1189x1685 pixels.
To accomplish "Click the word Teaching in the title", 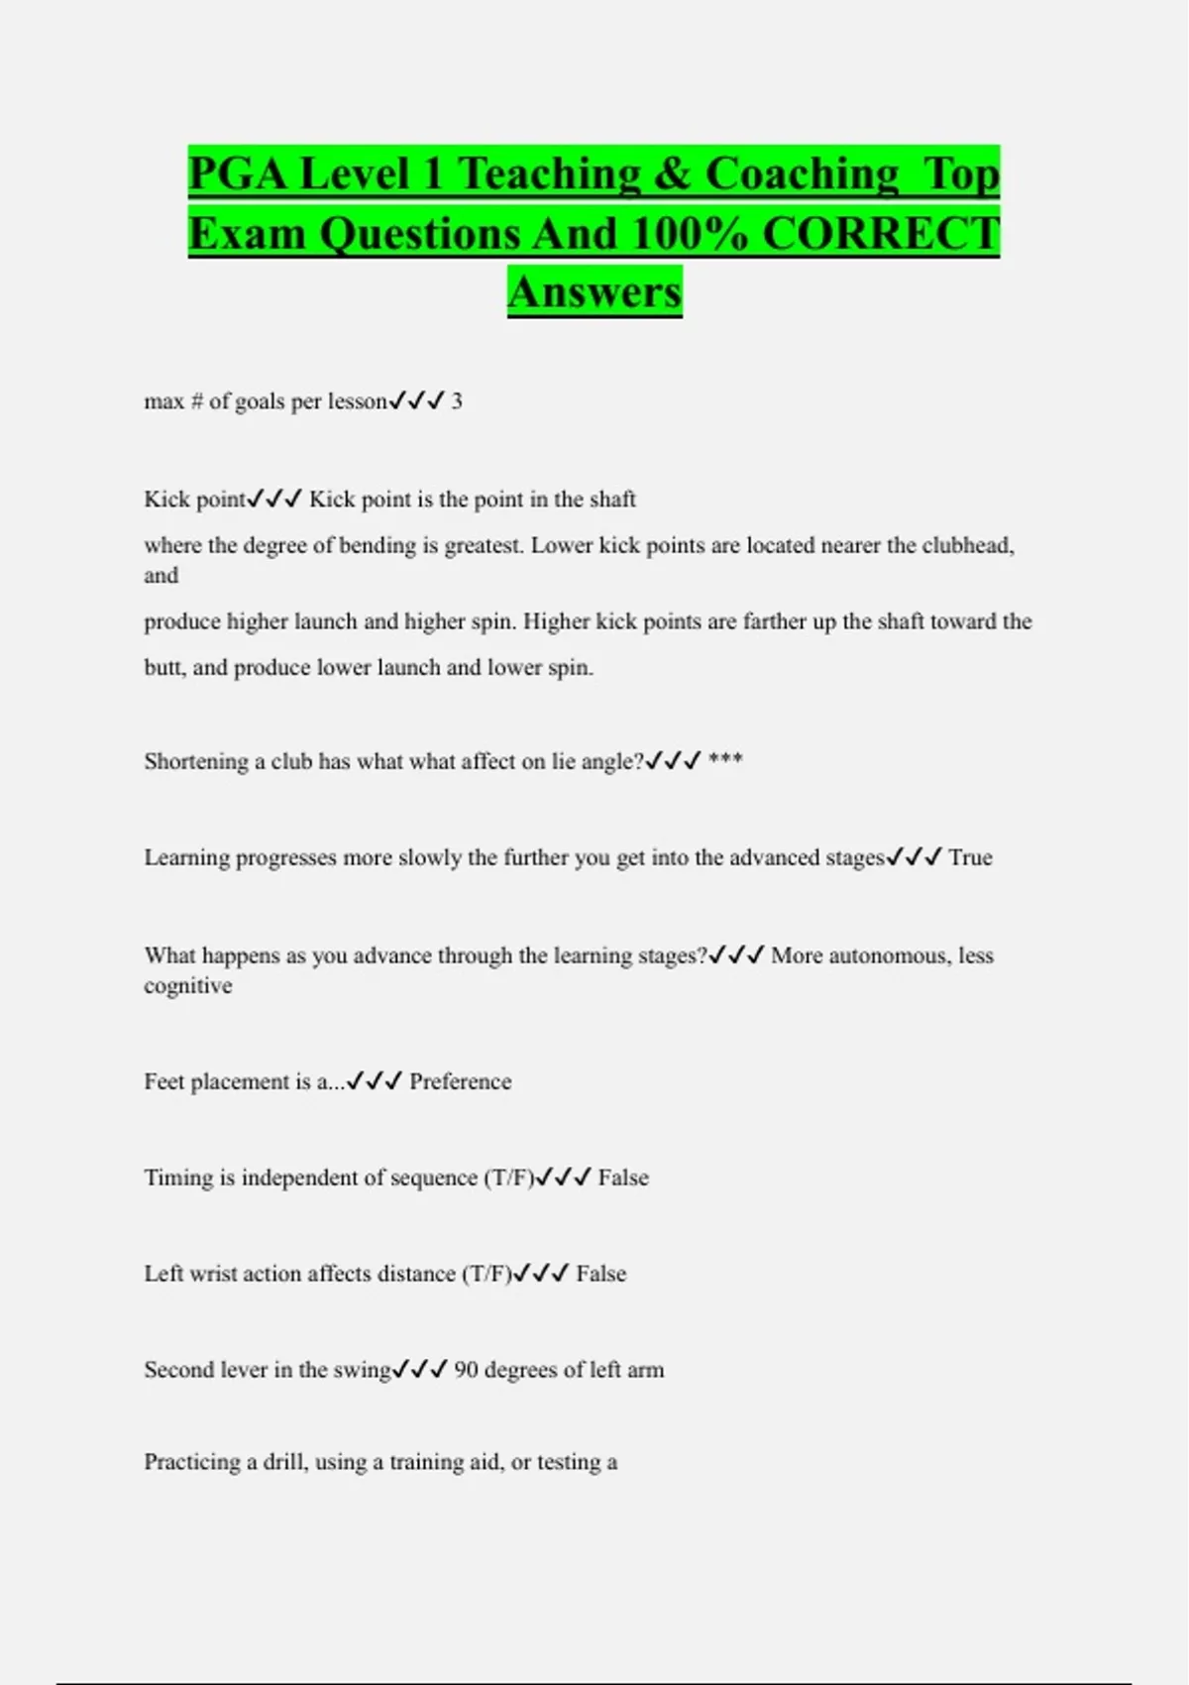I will point(549,174).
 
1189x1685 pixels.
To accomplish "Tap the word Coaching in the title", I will point(802,174).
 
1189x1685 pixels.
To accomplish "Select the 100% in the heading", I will point(690,234).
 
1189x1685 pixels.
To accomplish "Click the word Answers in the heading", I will point(594,292).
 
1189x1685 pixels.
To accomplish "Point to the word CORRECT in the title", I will point(881,234).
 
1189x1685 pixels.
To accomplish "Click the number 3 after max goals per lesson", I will point(457,401).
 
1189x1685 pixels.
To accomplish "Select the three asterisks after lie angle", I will point(725,760).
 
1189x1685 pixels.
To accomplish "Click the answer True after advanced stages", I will point(970,857).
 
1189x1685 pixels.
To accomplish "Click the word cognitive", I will point(188,986).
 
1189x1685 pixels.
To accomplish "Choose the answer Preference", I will point(461,1081).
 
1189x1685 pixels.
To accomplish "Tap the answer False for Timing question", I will point(623,1178).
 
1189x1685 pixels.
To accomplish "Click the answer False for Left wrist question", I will point(601,1274).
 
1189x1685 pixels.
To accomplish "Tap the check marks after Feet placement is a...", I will point(375,1081).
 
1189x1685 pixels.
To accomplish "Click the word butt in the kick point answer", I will point(162,668).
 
